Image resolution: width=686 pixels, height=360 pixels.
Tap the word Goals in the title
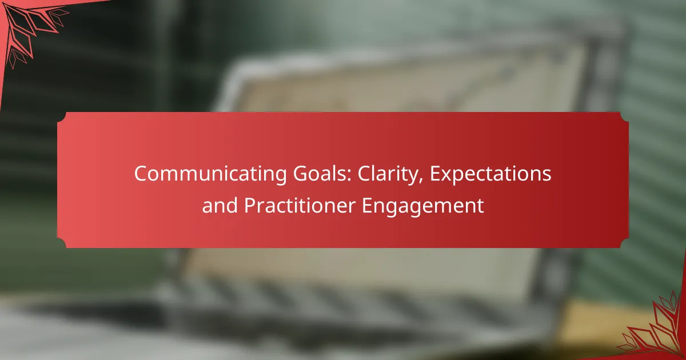(x=320, y=174)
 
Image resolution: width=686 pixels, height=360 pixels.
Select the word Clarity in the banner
(x=388, y=174)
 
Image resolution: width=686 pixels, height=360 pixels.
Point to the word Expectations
(x=490, y=174)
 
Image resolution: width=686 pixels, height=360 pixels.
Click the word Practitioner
(x=300, y=205)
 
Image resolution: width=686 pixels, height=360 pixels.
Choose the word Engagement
(x=423, y=206)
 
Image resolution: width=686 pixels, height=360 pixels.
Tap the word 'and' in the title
(x=220, y=205)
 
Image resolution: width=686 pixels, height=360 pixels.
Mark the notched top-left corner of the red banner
(x=62, y=117)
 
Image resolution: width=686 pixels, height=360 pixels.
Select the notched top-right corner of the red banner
(x=624, y=117)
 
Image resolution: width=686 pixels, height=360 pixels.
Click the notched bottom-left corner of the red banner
(x=62, y=243)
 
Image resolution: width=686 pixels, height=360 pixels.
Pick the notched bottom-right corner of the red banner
(x=624, y=243)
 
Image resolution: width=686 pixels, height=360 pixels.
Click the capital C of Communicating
(x=140, y=174)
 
